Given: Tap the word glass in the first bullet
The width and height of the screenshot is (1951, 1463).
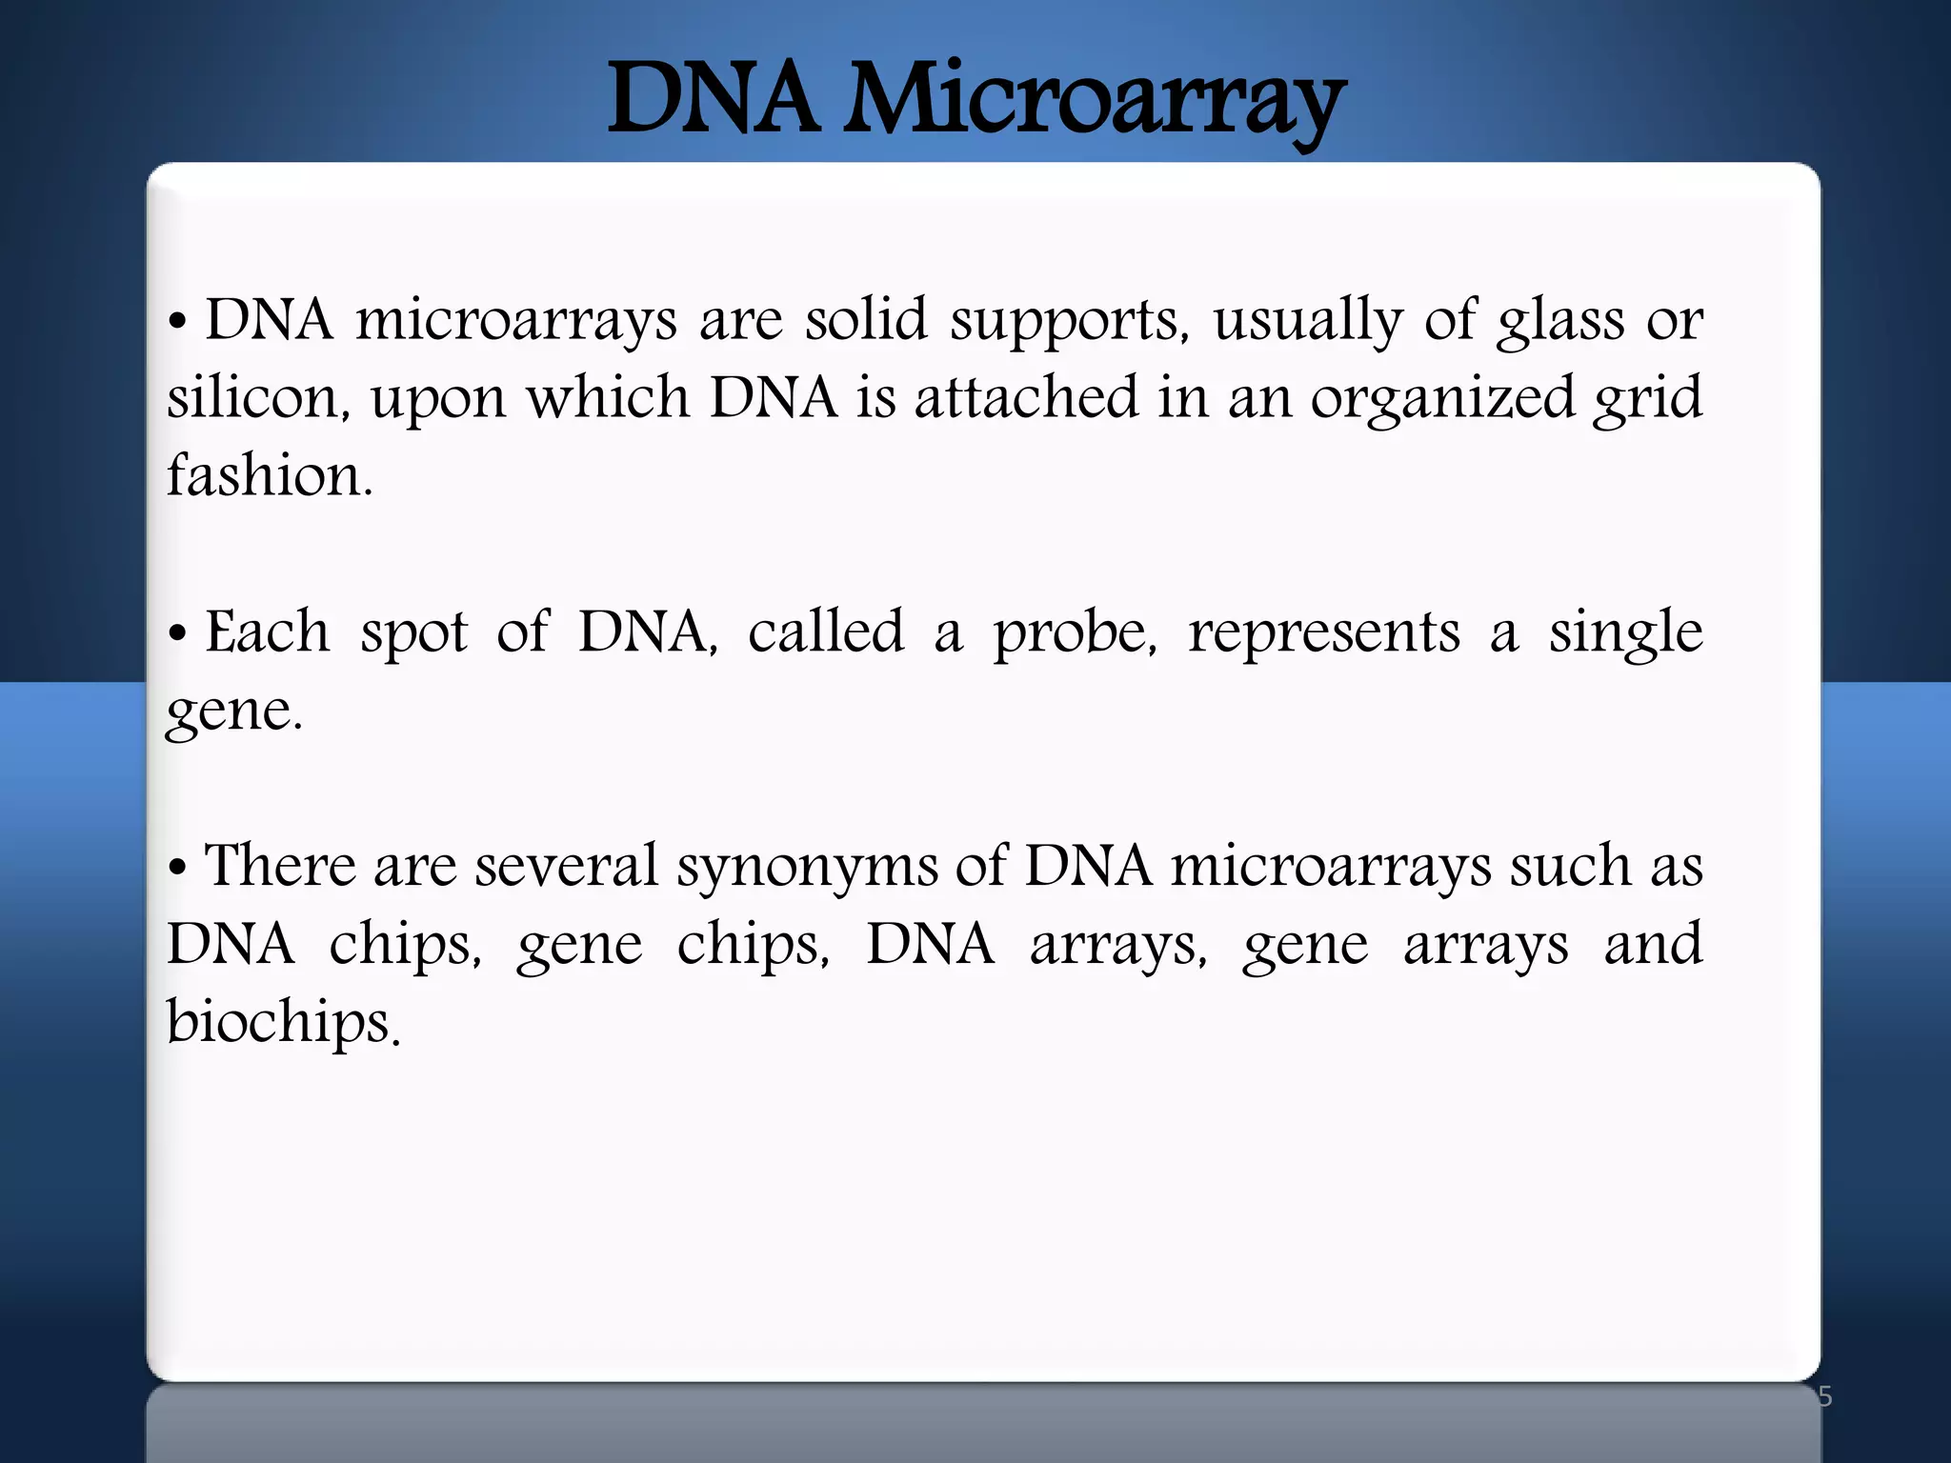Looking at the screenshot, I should [x=1560, y=321].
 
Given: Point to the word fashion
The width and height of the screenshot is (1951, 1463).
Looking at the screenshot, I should [x=269, y=475].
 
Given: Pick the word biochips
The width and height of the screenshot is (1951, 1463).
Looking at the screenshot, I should [x=282, y=1024].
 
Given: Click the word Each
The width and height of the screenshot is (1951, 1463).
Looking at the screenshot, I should [x=268, y=632].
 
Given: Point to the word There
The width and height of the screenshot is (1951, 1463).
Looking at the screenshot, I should [x=280, y=867].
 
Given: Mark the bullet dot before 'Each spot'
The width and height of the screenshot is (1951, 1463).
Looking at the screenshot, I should [x=177, y=634].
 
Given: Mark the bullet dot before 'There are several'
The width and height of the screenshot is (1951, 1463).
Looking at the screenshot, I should [x=177, y=869].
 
